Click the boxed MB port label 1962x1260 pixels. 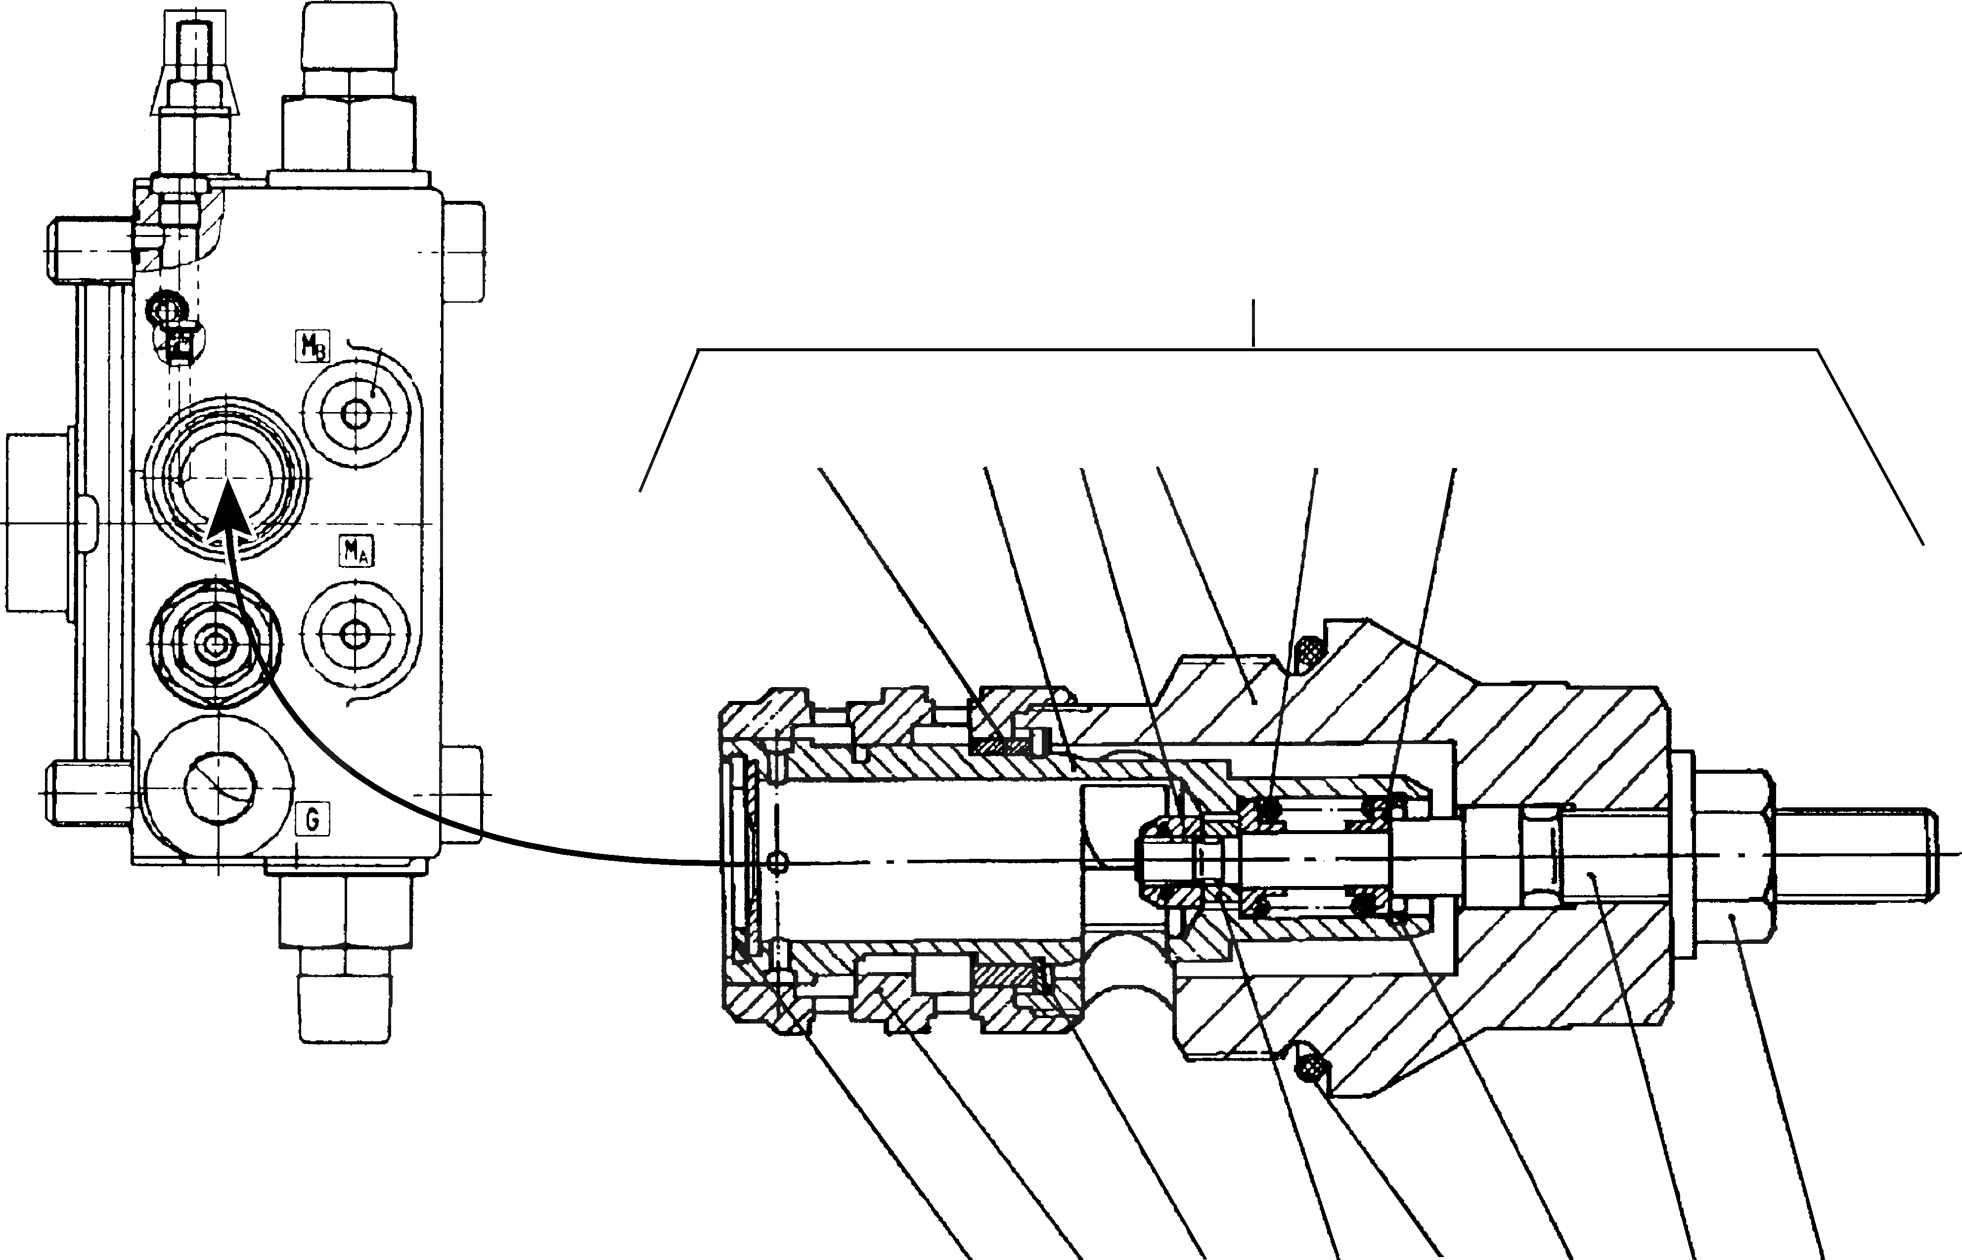coord(312,347)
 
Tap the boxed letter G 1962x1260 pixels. coord(312,819)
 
